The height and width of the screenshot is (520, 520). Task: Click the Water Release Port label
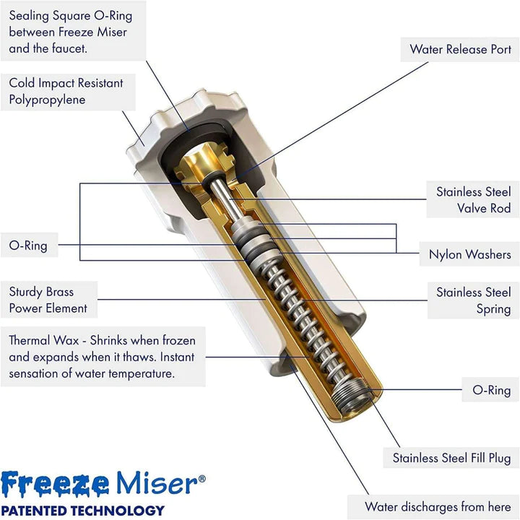[x=460, y=49]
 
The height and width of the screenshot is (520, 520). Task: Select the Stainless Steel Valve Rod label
[x=473, y=200]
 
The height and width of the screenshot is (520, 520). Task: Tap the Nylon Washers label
[x=469, y=254]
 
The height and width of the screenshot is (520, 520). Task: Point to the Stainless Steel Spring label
[x=473, y=300]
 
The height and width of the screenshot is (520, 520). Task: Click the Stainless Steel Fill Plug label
[x=451, y=458]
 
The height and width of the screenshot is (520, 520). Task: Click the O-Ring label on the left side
[x=28, y=246]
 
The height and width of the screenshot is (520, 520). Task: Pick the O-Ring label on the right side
[x=491, y=390]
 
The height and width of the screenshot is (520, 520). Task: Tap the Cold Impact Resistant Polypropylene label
[x=66, y=92]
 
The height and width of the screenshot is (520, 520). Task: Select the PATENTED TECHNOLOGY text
[x=82, y=509]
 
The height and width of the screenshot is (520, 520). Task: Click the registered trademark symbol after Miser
[x=202, y=478]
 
